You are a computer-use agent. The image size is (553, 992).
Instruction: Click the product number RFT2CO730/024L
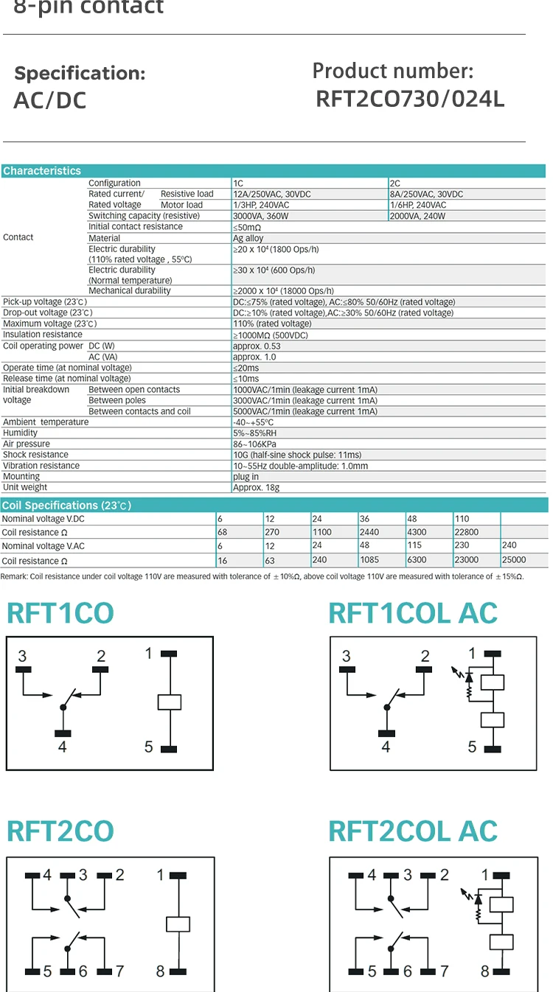coord(410,99)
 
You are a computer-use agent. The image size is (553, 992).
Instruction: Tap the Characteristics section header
coord(42,171)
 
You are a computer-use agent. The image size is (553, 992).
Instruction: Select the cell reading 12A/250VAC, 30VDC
coord(271,194)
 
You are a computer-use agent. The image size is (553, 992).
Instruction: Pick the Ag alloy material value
coord(248,238)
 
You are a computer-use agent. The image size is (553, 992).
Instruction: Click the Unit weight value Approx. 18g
coord(256,487)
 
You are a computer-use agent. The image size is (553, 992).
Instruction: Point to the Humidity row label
coord(20,433)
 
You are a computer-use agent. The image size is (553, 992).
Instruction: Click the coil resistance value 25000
coord(514,560)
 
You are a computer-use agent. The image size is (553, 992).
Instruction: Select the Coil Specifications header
coord(66,506)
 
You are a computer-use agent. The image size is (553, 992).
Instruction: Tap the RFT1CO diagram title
coord(60,613)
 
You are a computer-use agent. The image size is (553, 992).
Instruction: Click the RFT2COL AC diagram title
coord(413,831)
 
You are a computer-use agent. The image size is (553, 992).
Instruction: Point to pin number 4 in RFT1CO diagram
coord(62,747)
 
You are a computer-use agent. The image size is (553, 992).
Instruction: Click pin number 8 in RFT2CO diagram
coord(160,971)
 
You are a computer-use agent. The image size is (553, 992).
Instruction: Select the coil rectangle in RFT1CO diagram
coord(169,701)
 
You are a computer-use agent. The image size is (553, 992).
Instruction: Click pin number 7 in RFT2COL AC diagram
coord(444,971)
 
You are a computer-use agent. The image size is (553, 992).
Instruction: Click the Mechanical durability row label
coord(129,291)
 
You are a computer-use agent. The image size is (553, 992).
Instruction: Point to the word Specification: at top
coord(80,74)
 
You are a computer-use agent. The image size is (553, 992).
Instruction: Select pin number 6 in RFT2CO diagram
coord(83,971)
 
